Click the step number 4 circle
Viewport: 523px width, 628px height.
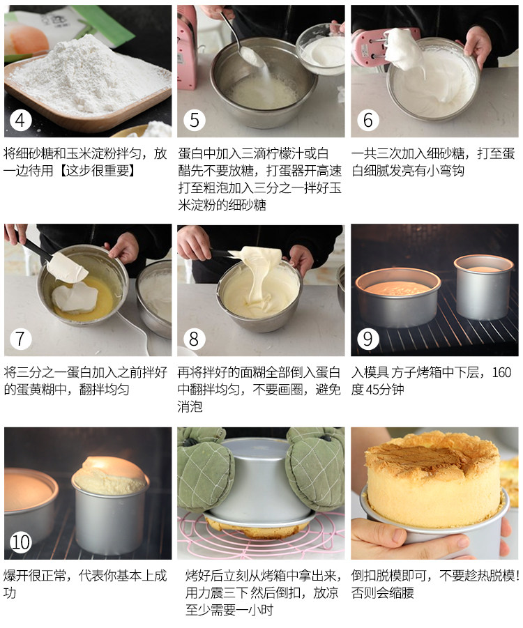[21, 121]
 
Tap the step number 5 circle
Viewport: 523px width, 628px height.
[194, 121]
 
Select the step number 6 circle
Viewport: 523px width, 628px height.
[367, 121]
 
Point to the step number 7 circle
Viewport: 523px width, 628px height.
[21, 339]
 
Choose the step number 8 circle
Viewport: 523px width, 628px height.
[194, 339]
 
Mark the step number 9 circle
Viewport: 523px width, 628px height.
[367, 339]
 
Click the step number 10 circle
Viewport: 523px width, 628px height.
[21, 542]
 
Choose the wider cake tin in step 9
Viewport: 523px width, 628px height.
[398, 296]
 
